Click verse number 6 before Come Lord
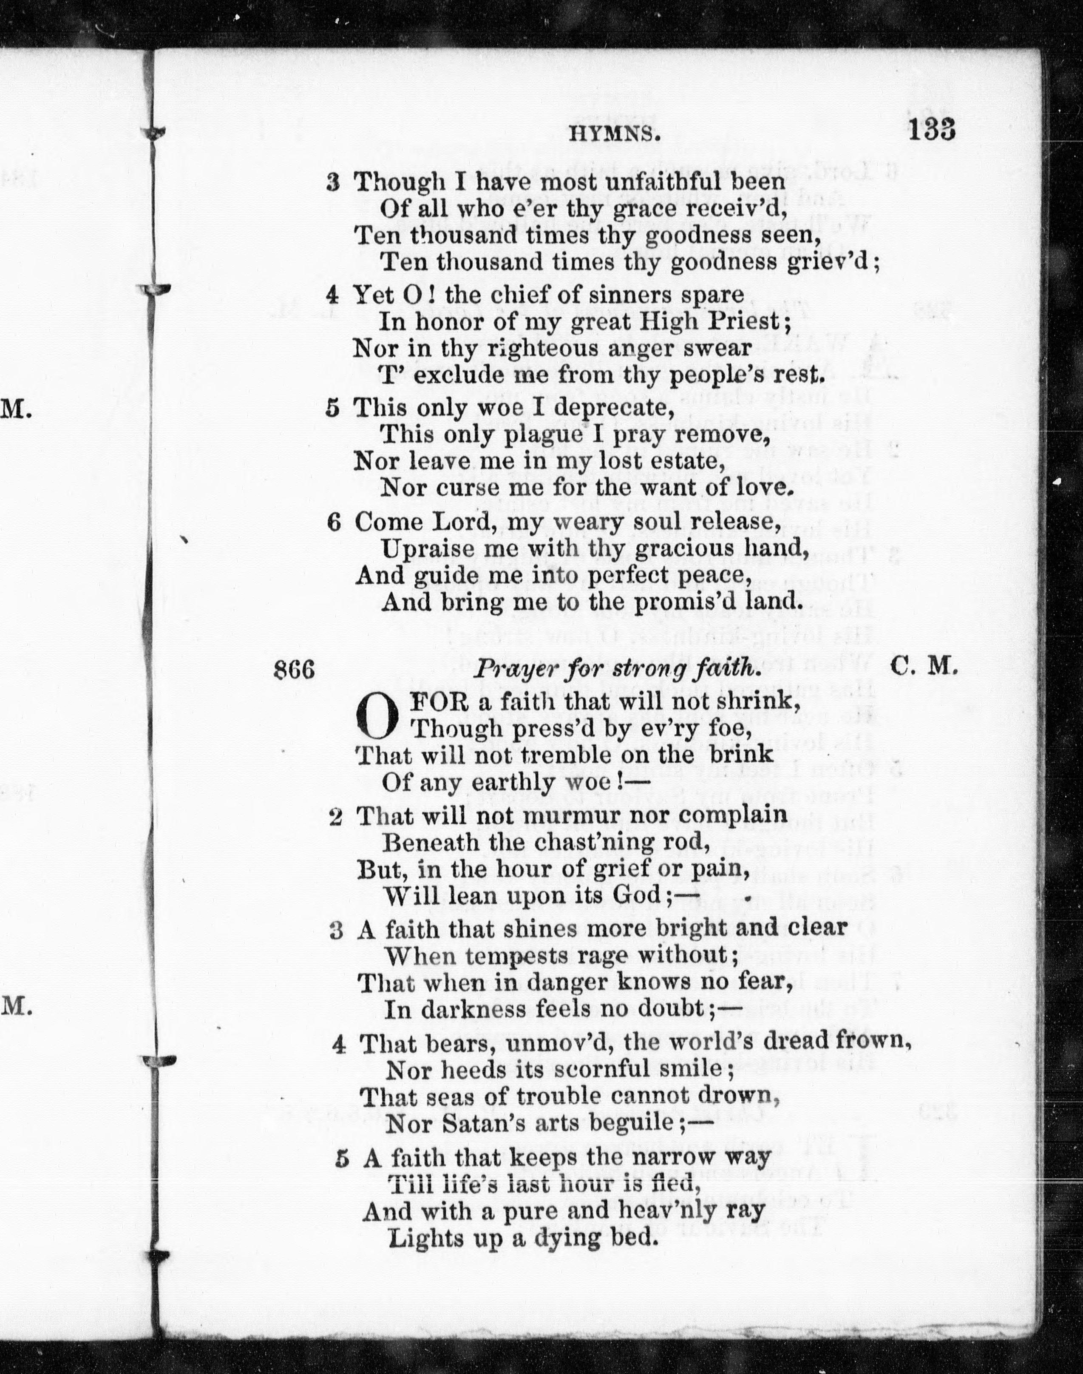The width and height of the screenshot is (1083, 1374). [x=334, y=521]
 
